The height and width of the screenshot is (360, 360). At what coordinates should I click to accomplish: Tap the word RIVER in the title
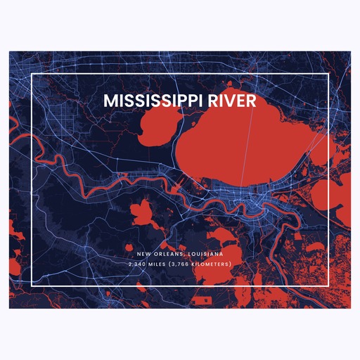coord(233,101)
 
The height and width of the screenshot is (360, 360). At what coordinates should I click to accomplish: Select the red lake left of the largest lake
coord(156,127)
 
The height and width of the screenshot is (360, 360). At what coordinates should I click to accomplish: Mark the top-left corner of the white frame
coord(32,72)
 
